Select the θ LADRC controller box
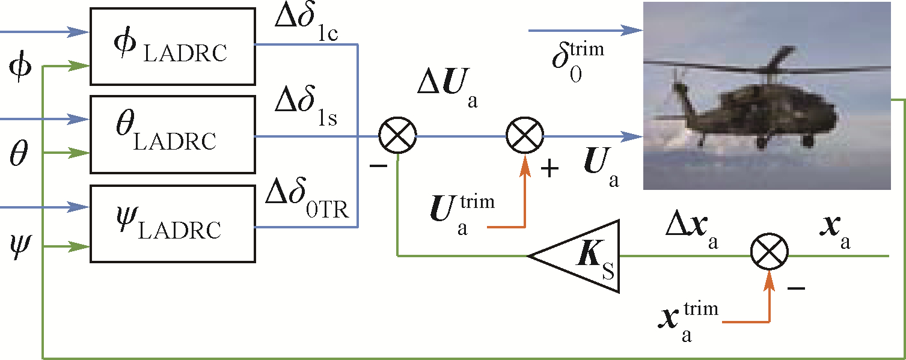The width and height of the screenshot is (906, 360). coord(172,133)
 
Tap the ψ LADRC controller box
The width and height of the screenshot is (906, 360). coord(172,224)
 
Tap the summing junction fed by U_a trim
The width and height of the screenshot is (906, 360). coord(524,136)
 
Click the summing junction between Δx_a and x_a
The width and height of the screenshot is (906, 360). coord(769,256)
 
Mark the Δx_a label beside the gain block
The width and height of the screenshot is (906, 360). coord(692,232)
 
